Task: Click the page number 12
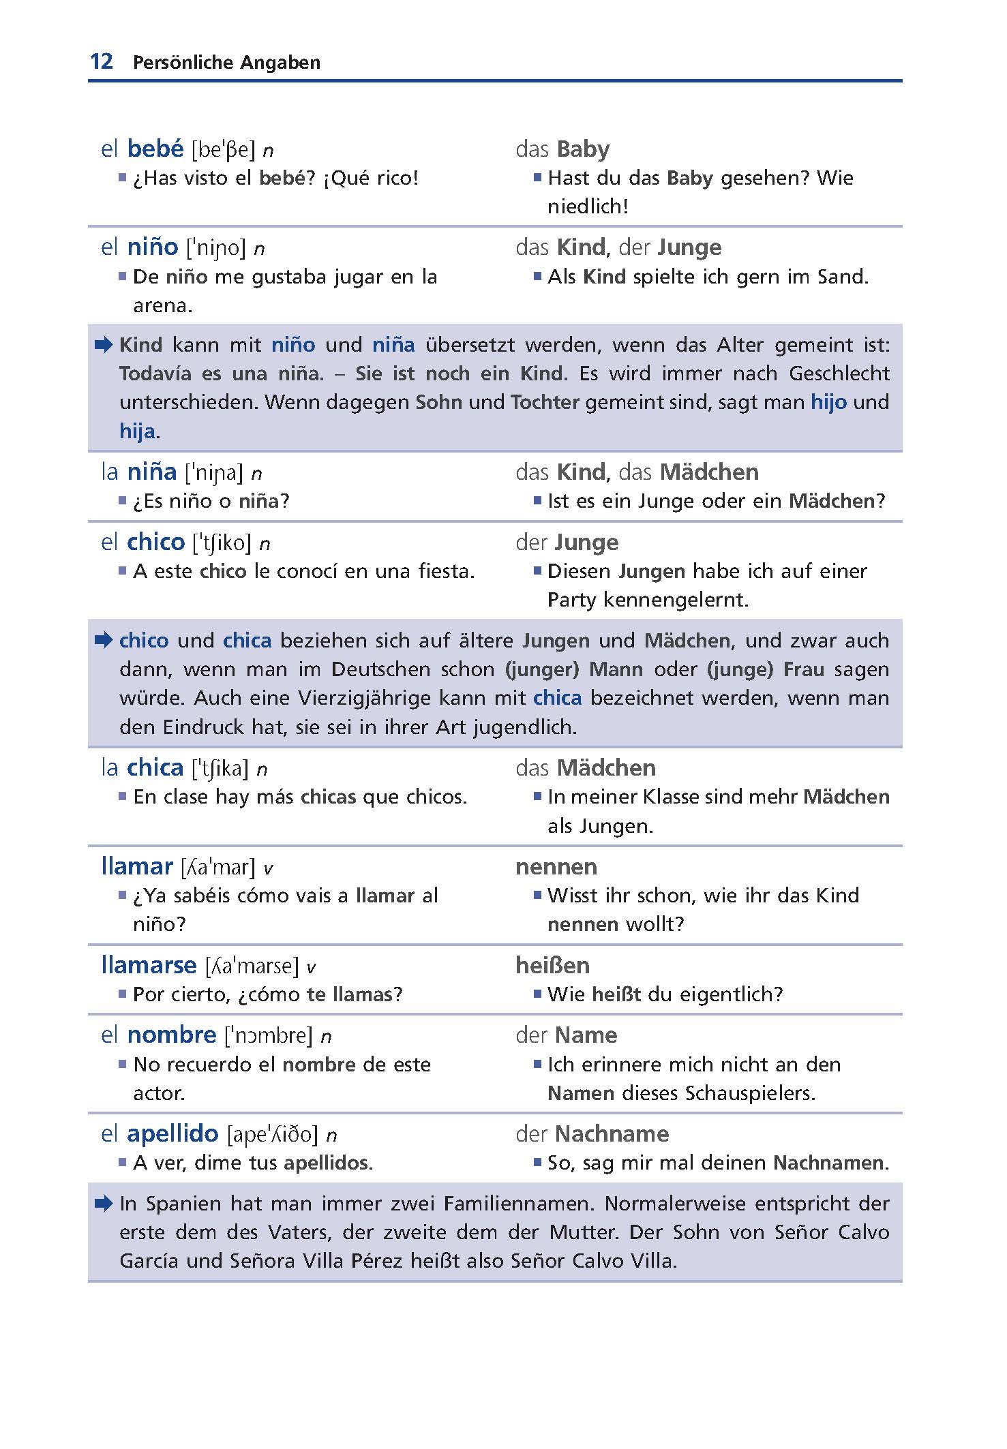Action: (101, 61)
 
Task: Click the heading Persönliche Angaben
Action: (226, 63)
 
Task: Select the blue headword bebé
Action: (155, 149)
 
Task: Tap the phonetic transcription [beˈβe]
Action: (223, 150)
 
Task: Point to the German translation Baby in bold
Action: (583, 149)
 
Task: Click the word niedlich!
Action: (588, 207)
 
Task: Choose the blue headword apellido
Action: (172, 1133)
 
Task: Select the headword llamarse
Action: (149, 965)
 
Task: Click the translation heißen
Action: (552, 965)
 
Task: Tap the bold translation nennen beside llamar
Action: (556, 867)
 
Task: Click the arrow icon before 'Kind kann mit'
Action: (104, 345)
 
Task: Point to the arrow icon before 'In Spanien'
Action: (104, 1204)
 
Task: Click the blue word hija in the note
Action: (137, 431)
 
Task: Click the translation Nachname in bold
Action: (612, 1133)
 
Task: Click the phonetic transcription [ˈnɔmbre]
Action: (269, 1035)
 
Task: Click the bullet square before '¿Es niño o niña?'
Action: (123, 501)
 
